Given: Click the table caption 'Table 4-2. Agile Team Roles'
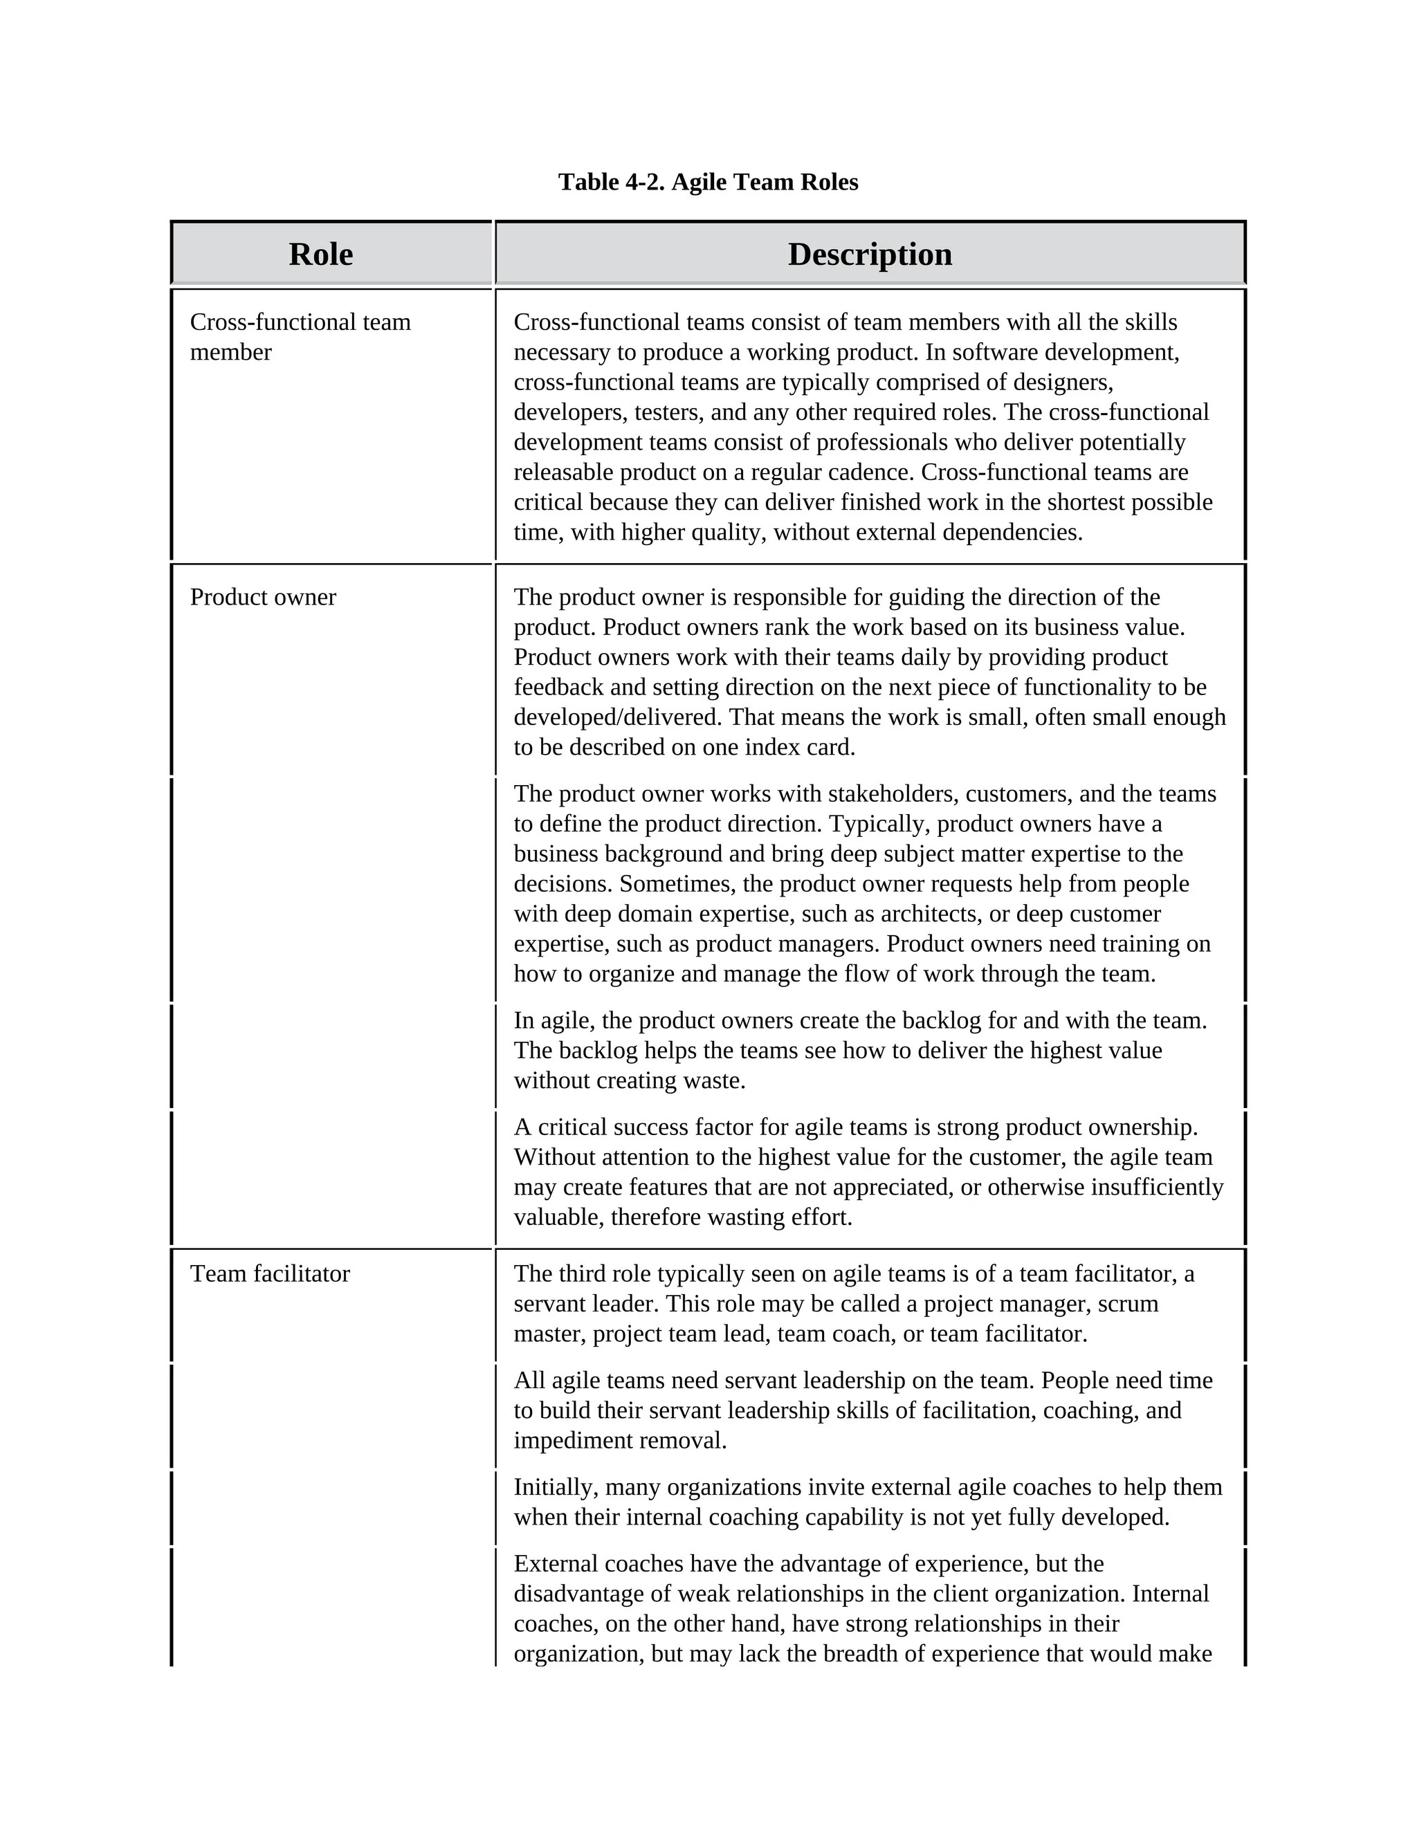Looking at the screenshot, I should point(708,182).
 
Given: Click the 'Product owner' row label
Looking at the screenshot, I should point(263,598).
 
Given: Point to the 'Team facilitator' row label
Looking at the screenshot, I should point(269,1274).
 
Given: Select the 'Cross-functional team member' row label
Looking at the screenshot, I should point(300,337).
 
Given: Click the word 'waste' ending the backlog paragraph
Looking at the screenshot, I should point(713,1081).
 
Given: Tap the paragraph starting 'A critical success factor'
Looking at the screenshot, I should point(868,1172).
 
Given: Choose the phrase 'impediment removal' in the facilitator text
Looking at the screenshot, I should point(619,1441).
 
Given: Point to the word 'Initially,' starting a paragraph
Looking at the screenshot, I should point(556,1487).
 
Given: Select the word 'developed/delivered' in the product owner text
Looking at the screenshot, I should point(618,717).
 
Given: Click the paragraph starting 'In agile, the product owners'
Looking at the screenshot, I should point(859,1051).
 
